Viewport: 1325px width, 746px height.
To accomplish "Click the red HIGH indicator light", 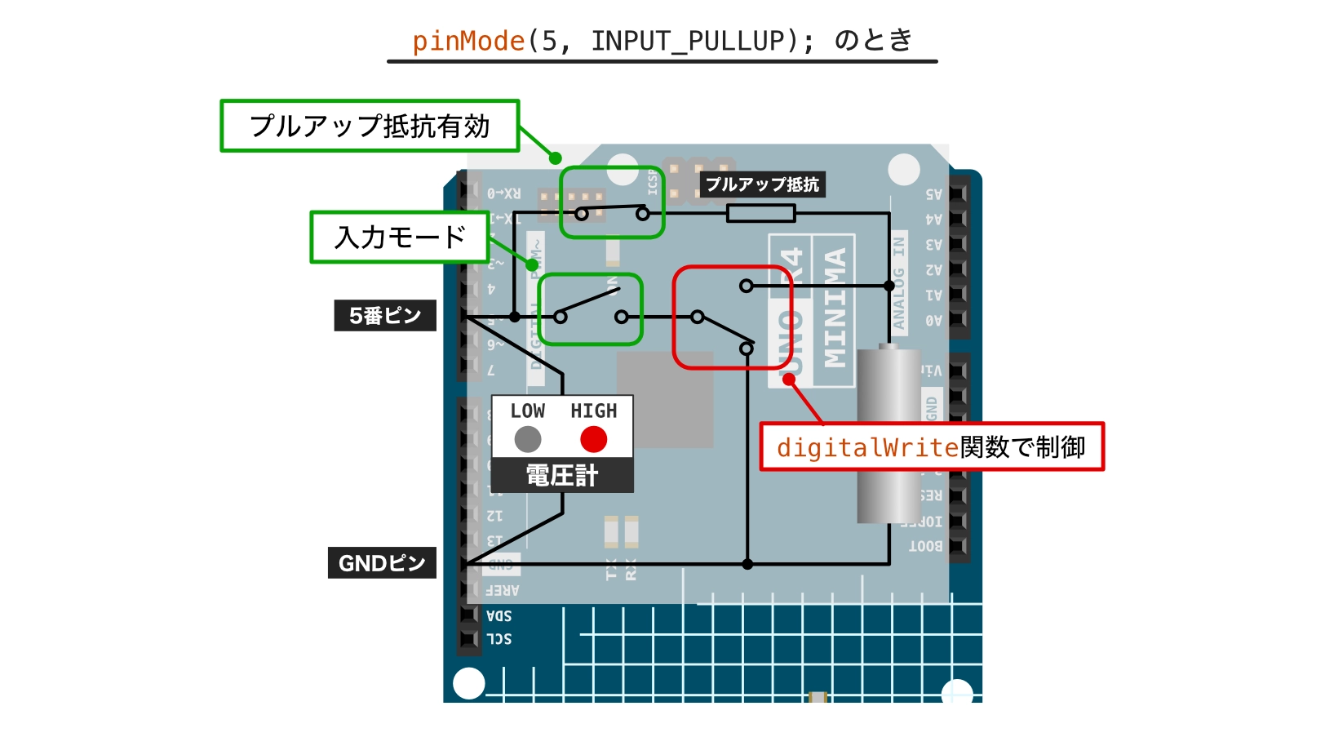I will point(593,439).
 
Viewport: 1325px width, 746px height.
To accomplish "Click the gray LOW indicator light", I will point(528,439).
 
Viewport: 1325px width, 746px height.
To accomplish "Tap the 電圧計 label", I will point(562,475).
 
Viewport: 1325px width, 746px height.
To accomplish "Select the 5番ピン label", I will point(385,315).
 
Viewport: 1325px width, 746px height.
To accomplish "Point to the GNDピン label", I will point(382,563).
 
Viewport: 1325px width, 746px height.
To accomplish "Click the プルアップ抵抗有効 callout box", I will point(370,127).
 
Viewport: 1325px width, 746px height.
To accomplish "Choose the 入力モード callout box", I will point(400,238).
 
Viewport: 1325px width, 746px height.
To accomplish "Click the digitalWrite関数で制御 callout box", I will point(931,447).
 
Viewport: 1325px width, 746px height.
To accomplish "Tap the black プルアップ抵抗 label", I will point(762,184).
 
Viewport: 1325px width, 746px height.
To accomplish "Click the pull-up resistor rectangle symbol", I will point(760,214).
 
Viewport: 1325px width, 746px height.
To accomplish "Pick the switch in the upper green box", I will point(612,212).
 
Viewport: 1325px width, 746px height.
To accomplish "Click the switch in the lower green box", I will point(591,309).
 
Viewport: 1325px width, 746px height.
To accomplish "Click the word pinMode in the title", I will point(468,41).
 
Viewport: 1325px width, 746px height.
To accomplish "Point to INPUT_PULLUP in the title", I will point(688,41).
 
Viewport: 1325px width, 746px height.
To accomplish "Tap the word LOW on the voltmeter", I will point(528,411).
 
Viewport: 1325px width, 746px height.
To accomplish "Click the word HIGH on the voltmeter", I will point(594,411).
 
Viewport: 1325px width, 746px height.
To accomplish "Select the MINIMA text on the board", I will point(835,309).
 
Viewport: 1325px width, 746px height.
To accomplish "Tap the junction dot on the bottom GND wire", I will point(747,564).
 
